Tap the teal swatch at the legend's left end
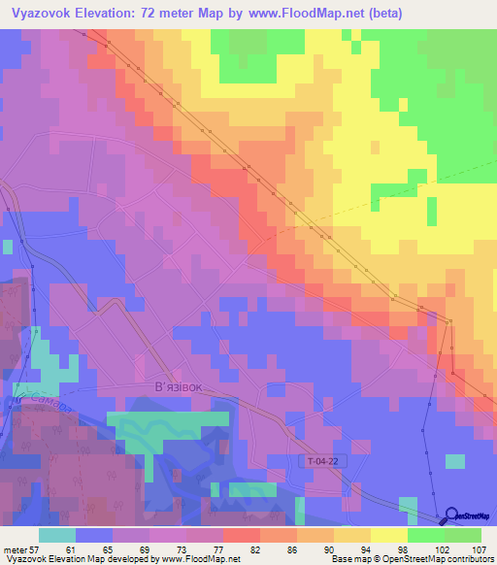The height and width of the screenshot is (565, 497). click(57, 535)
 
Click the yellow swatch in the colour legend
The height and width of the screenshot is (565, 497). click(389, 535)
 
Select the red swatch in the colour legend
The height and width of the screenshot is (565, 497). click(242, 535)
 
